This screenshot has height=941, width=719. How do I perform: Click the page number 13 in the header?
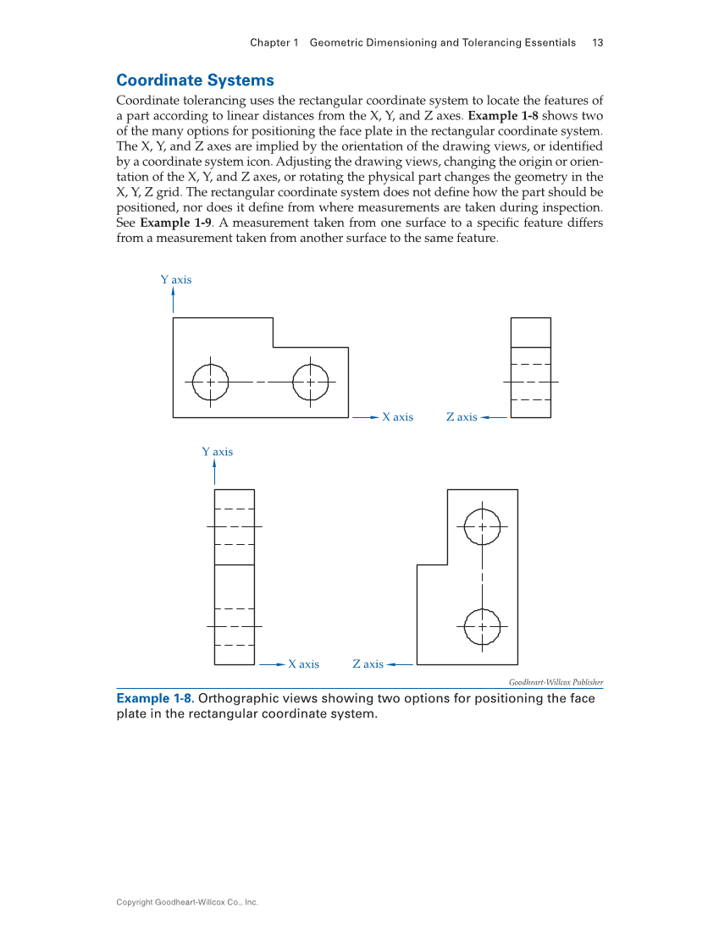[597, 42]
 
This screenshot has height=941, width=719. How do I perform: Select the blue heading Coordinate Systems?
[195, 80]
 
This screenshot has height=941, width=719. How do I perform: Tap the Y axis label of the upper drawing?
[176, 279]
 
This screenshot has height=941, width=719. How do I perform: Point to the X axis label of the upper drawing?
[397, 417]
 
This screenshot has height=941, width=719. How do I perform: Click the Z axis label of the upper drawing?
[462, 417]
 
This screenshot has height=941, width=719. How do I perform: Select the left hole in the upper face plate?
[210, 382]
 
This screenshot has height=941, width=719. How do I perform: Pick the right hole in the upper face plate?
[311, 382]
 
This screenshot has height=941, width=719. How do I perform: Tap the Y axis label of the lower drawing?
[217, 452]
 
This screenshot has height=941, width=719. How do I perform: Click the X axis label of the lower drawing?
[303, 664]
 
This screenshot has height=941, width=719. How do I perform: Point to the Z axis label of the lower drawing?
[368, 664]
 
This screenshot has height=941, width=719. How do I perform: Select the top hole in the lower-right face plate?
[482, 526]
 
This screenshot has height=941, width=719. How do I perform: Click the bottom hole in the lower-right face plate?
[482, 626]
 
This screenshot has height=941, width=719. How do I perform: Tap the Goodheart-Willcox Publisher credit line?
[556, 682]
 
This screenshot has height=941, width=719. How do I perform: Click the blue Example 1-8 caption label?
[155, 699]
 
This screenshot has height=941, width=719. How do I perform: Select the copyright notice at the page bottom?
[187, 902]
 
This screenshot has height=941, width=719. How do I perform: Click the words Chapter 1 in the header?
[274, 42]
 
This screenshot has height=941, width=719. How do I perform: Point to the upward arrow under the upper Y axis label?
[174, 300]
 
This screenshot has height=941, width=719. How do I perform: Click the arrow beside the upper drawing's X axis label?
[365, 417]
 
